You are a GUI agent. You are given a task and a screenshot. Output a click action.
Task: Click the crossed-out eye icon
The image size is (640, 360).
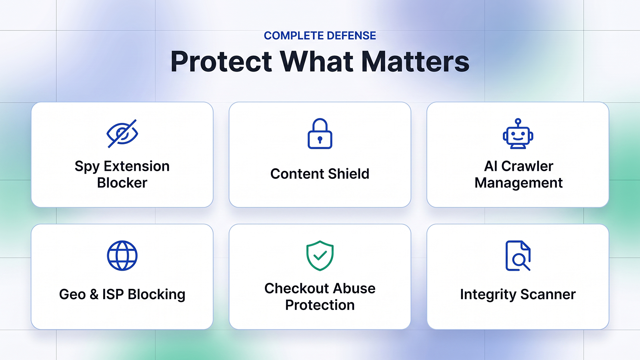click(x=122, y=134)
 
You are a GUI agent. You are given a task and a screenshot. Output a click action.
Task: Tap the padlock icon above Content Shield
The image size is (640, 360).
click(x=320, y=134)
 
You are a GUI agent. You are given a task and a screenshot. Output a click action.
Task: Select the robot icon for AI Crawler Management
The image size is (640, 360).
click(x=518, y=134)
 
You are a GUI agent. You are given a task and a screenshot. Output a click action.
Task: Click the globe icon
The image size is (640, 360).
click(x=122, y=256)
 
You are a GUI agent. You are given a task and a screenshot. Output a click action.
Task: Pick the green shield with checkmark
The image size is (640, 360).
click(x=320, y=256)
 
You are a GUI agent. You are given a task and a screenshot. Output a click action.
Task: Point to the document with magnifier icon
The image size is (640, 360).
click(x=518, y=256)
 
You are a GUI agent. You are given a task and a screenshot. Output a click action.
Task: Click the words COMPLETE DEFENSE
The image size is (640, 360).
click(x=320, y=36)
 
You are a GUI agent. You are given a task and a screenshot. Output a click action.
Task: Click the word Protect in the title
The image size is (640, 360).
click(x=221, y=62)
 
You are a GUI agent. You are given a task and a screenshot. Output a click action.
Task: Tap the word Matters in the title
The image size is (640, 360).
click(x=415, y=62)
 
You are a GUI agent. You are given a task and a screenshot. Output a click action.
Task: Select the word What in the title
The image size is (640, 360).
click(x=316, y=62)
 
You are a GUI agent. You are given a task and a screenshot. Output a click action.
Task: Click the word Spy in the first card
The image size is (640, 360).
click(x=87, y=167)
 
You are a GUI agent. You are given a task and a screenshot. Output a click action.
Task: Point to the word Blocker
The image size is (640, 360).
click(x=122, y=183)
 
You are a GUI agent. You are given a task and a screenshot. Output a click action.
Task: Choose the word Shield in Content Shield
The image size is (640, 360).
click(x=348, y=174)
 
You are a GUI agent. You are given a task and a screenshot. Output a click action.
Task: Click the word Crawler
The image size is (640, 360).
click(x=527, y=166)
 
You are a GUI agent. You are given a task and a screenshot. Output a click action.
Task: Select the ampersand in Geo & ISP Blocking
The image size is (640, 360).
click(x=94, y=294)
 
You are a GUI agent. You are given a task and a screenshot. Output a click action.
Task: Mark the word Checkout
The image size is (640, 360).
click(x=296, y=288)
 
